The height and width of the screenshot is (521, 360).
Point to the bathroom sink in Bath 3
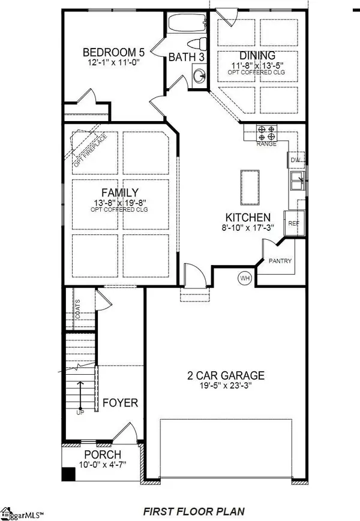click(x=199, y=76)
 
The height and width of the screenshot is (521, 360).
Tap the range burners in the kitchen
click(x=266, y=131)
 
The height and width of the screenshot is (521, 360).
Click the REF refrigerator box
click(x=293, y=222)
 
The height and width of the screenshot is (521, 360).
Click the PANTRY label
click(x=280, y=261)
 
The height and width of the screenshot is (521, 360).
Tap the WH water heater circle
click(x=245, y=278)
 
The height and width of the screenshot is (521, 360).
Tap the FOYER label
click(x=119, y=402)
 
